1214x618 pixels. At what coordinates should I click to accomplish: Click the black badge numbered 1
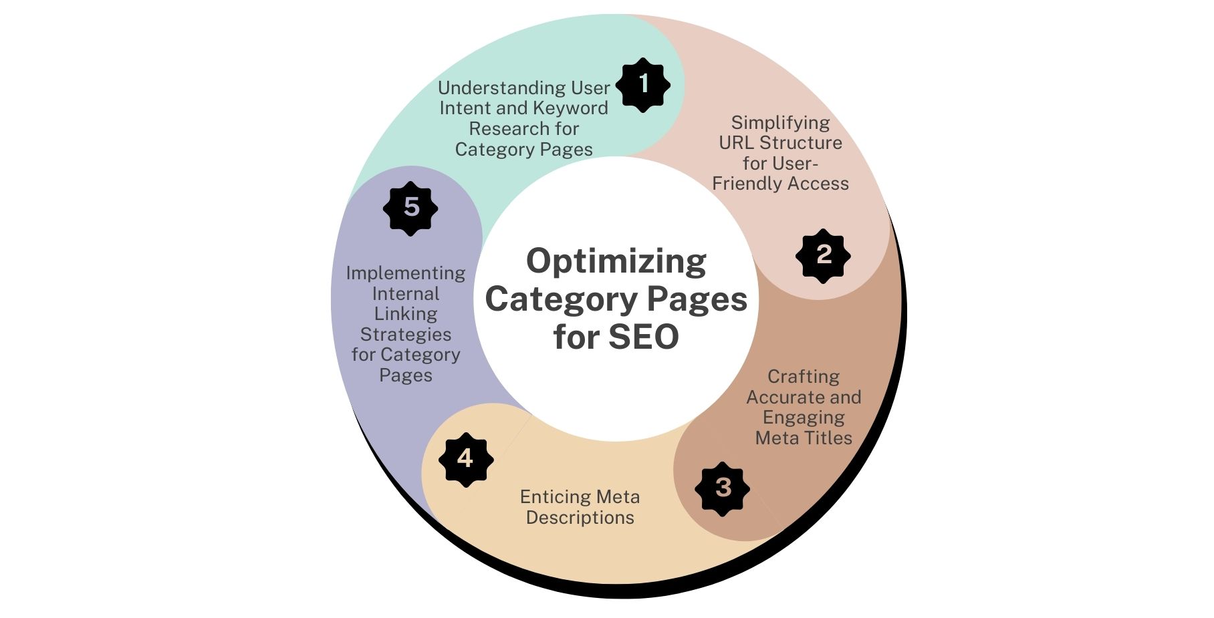pyautogui.click(x=643, y=85)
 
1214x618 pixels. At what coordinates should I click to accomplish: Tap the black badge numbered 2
pyautogui.click(x=823, y=255)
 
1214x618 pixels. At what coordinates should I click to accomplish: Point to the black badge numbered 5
pyautogui.click(x=410, y=208)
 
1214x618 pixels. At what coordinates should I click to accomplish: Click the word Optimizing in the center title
pyautogui.click(x=616, y=261)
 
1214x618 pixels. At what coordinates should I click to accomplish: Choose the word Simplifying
pyautogui.click(x=780, y=123)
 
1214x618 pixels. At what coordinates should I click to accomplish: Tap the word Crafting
pyautogui.click(x=803, y=377)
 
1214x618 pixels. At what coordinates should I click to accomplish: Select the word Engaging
pyautogui.click(x=803, y=418)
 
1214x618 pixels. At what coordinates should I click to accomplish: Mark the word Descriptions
pyautogui.click(x=580, y=518)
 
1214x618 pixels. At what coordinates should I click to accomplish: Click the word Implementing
pyautogui.click(x=405, y=273)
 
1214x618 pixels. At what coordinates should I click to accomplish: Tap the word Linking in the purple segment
pyautogui.click(x=405, y=314)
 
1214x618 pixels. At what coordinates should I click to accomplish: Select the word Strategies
pyautogui.click(x=405, y=334)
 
